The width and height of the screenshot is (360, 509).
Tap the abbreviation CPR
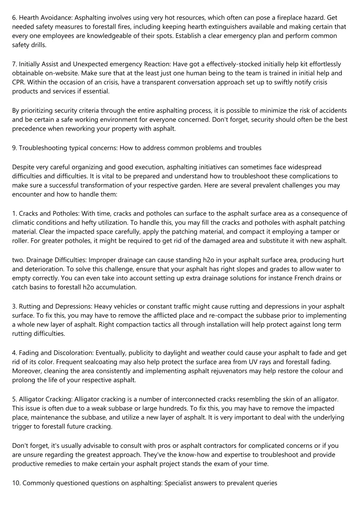[x=18, y=83]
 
